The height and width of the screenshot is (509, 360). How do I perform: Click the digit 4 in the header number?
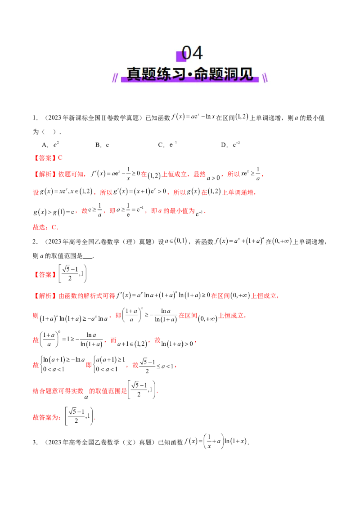197,53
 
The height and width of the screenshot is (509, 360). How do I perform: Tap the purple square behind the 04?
181,56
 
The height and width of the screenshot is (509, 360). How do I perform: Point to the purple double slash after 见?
265,78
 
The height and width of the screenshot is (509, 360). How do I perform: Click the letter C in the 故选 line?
55,228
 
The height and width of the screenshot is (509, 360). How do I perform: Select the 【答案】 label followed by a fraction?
44,274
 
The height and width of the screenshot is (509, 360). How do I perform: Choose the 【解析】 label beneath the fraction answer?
43,296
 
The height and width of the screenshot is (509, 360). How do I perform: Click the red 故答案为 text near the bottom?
45,417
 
